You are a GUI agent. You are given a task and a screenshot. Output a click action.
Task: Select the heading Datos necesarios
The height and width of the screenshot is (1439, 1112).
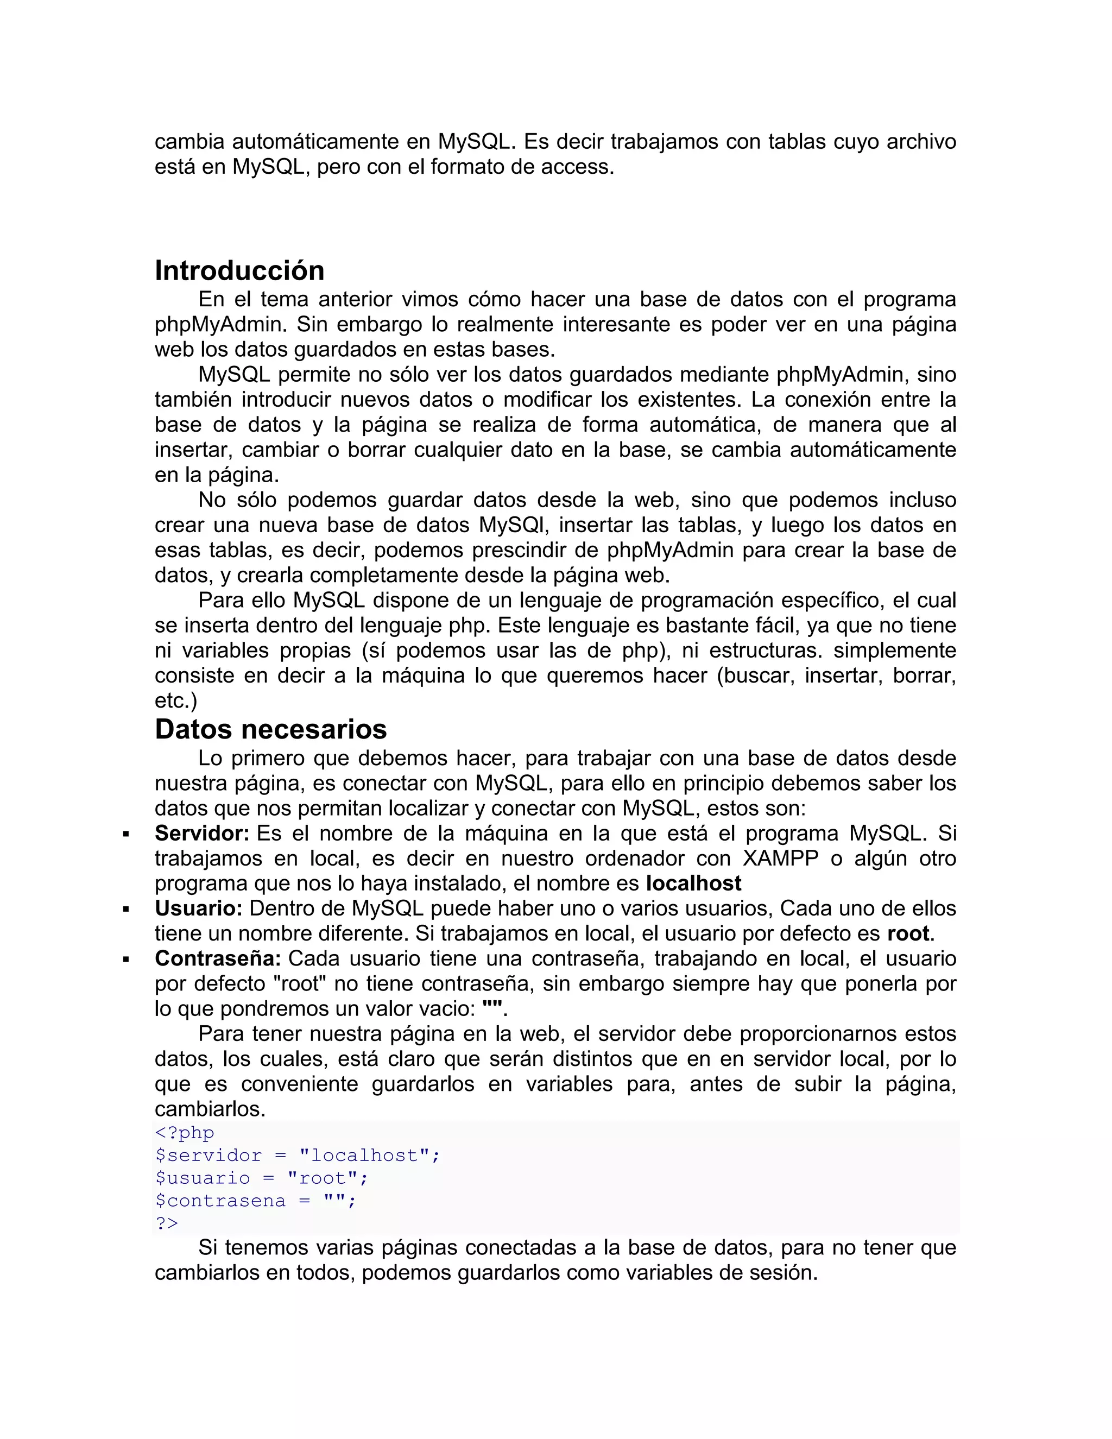click(271, 729)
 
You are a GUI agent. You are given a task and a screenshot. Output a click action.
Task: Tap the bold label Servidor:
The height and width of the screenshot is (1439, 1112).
click(201, 834)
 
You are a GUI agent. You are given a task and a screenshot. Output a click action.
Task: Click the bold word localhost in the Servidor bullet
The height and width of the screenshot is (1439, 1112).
click(694, 883)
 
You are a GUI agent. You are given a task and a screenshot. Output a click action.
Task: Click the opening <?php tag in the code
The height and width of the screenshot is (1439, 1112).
click(185, 1133)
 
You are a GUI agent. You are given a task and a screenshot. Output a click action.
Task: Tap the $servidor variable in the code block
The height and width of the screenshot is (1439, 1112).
click(208, 1155)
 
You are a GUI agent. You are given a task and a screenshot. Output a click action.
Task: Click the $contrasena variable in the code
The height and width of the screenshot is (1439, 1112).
click(220, 1201)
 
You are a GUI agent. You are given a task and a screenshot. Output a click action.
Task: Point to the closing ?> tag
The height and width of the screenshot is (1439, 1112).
click(167, 1223)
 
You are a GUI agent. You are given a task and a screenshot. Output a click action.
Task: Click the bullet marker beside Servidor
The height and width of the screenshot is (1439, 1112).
click(126, 835)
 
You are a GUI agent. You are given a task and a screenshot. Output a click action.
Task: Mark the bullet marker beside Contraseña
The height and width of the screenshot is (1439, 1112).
click(126, 960)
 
